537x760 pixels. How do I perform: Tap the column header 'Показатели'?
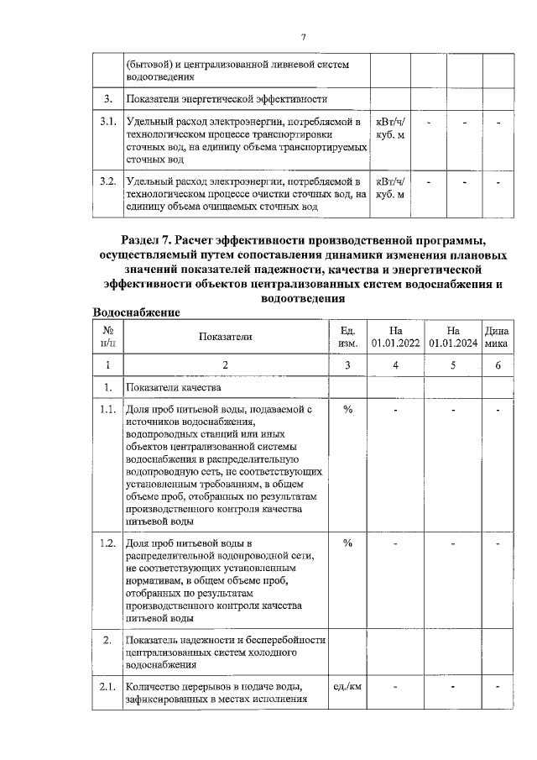tap(225, 337)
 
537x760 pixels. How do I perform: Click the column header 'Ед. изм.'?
tap(347, 337)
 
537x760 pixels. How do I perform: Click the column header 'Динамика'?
tap(497, 337)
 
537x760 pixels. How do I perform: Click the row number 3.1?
tap(107, 123)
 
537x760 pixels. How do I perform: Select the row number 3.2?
tap(107, 181)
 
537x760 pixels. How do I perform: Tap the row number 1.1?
tap(107, 410)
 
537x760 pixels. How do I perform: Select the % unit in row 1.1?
tap(347, 410)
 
